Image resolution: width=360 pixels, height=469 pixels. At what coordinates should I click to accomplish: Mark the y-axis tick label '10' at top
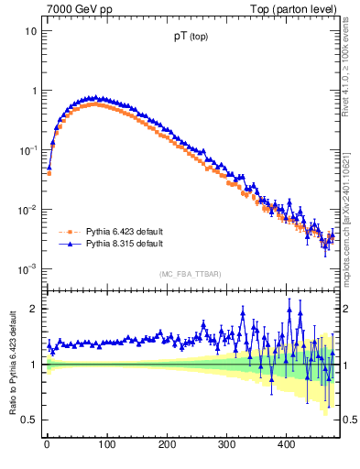click(x=30, y=31)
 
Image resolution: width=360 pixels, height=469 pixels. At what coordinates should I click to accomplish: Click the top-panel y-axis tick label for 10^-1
click(x=28, y=149)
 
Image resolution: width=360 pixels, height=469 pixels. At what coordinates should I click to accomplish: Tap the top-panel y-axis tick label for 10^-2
click(x=28, y=209)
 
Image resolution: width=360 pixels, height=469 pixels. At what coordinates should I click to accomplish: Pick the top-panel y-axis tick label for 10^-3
click(x=28, y=268)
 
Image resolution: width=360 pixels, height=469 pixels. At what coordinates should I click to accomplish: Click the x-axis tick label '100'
click(x=106, y=445)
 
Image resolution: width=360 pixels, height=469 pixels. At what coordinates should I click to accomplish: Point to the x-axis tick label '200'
click(x=166, y=445)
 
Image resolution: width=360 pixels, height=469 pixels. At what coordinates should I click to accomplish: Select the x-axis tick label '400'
click(x=286, y=445)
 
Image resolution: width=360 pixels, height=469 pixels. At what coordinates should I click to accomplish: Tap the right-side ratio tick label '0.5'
click(x=349, y=420)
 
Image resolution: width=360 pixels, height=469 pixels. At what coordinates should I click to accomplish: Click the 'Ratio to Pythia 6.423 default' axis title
click(x=12, y=363)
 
